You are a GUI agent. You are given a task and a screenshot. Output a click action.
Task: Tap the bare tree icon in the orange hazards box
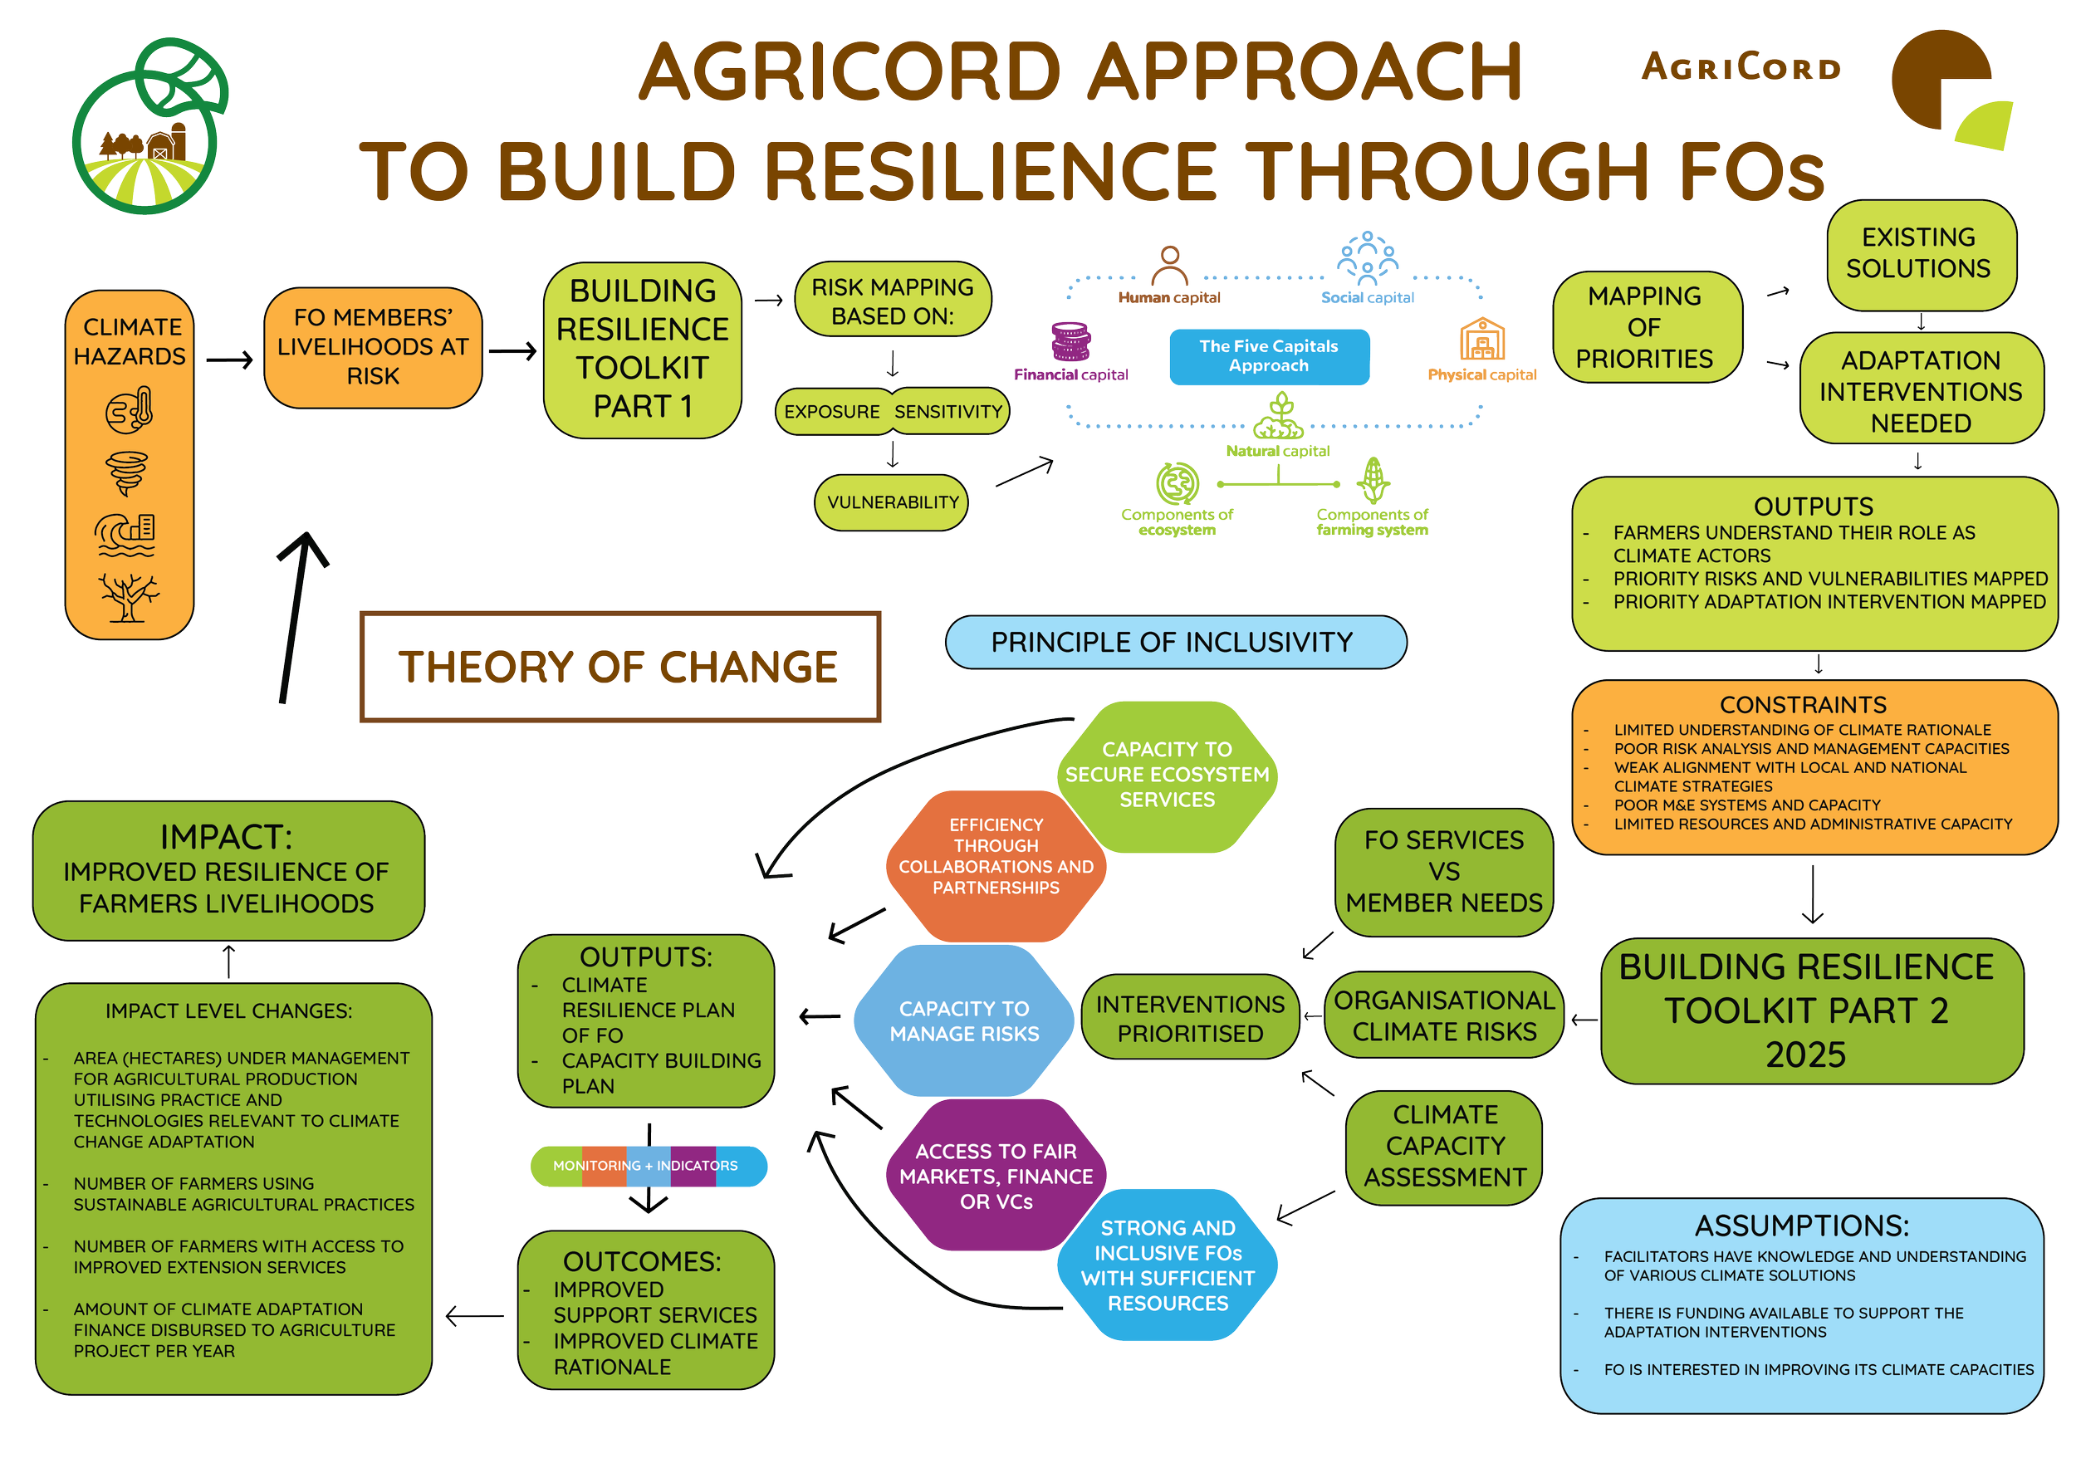[129, 598]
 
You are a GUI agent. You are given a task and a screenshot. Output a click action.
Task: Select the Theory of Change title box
[620, 667]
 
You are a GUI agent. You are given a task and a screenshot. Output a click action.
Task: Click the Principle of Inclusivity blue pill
[1176, 642]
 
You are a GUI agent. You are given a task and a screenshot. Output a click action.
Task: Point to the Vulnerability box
[892, 502]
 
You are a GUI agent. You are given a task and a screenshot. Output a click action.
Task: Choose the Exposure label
[833, 411]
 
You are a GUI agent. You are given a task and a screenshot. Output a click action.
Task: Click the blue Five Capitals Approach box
[1269, 356]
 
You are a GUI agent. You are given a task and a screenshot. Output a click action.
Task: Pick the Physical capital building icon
[1482, 340]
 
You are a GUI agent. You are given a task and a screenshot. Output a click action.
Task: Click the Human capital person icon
[1170, 266]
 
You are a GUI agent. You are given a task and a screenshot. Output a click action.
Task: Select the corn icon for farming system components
[1373, 480]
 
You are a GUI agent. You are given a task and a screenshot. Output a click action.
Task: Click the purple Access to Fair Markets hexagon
[996, 1175]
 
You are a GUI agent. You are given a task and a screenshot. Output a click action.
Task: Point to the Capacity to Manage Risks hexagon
[964, 1020]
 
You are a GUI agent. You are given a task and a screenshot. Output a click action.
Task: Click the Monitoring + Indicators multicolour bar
[649, 1166]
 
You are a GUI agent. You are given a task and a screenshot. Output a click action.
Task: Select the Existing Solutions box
[1922, 254]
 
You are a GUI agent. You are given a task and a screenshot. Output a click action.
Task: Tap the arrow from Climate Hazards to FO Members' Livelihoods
[230, 360]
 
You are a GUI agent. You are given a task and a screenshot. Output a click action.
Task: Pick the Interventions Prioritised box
[1190, 1018]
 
